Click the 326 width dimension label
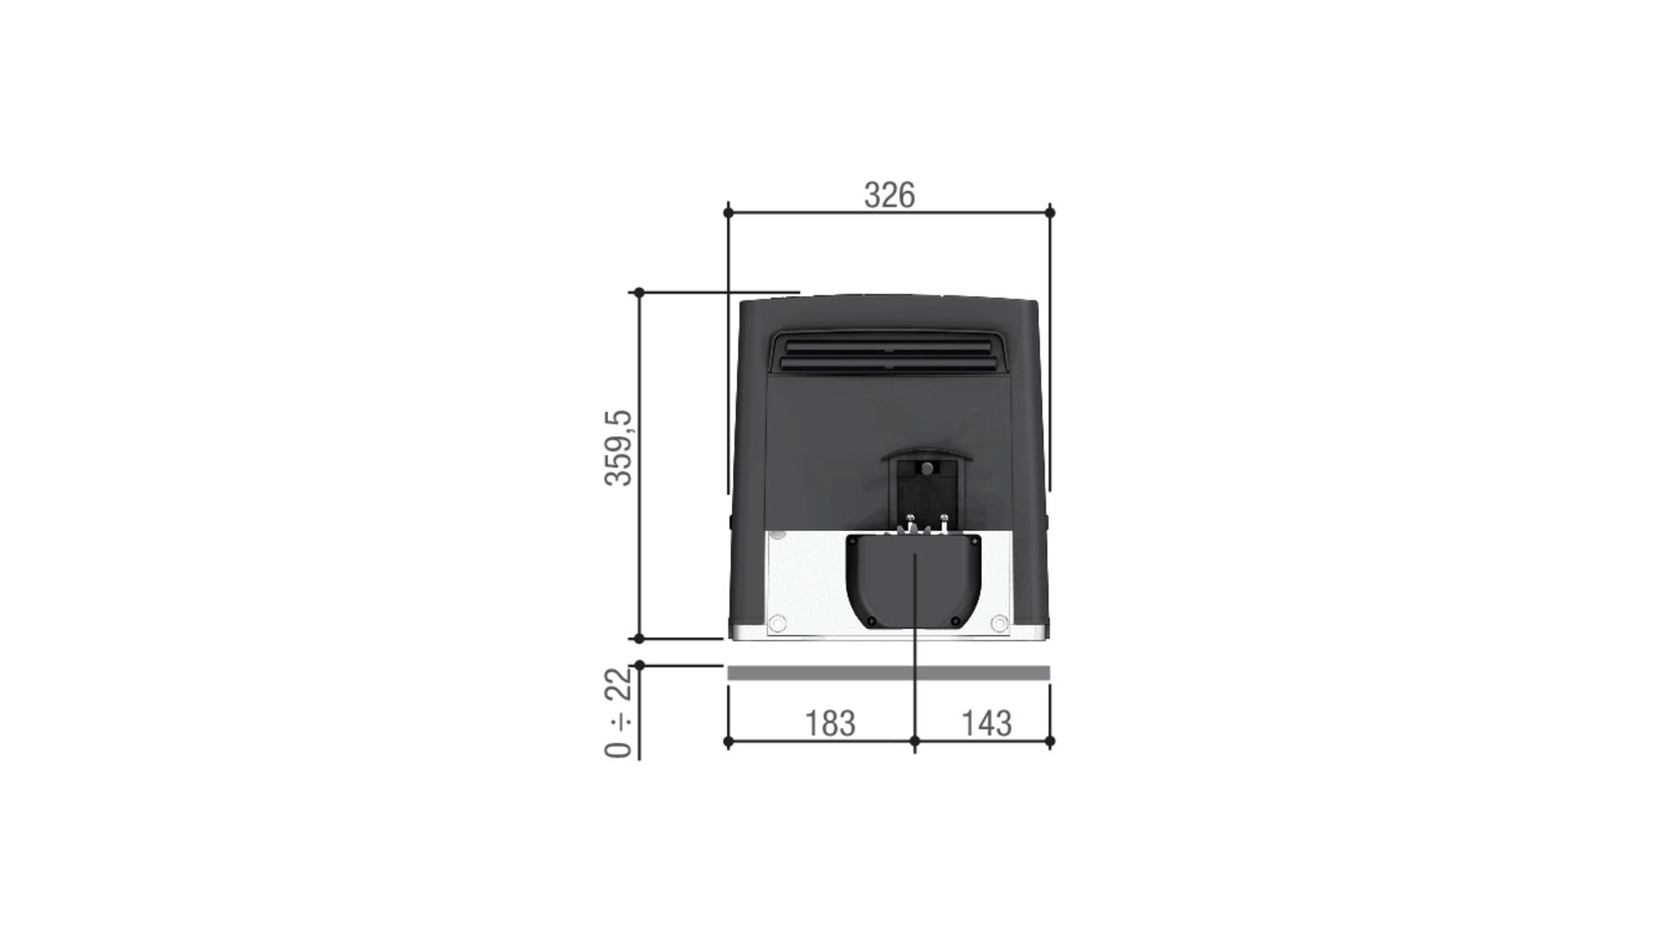click(889, 196)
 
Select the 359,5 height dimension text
click(619, 448)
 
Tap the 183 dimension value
click(830, 724)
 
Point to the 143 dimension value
click(986, 724)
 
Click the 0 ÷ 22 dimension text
click(619, 712)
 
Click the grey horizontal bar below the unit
click(888, 673)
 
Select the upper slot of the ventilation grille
click(888, 347)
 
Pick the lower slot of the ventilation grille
click(888, 364)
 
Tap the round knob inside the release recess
click(927, 468)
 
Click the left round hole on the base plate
click(777, 623)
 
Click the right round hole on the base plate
click(999, 623)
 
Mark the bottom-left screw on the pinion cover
click(872, 621)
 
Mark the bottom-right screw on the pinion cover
click(955, 621)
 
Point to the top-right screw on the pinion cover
click(975, 542)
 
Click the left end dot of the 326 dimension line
click(728, 212)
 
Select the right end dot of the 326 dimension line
click(1050, 212)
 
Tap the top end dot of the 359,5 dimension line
click(639, 293)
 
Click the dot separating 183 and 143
click(914, 741)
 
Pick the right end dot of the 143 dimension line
click(1050, 741)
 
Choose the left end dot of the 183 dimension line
click(728, 741)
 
